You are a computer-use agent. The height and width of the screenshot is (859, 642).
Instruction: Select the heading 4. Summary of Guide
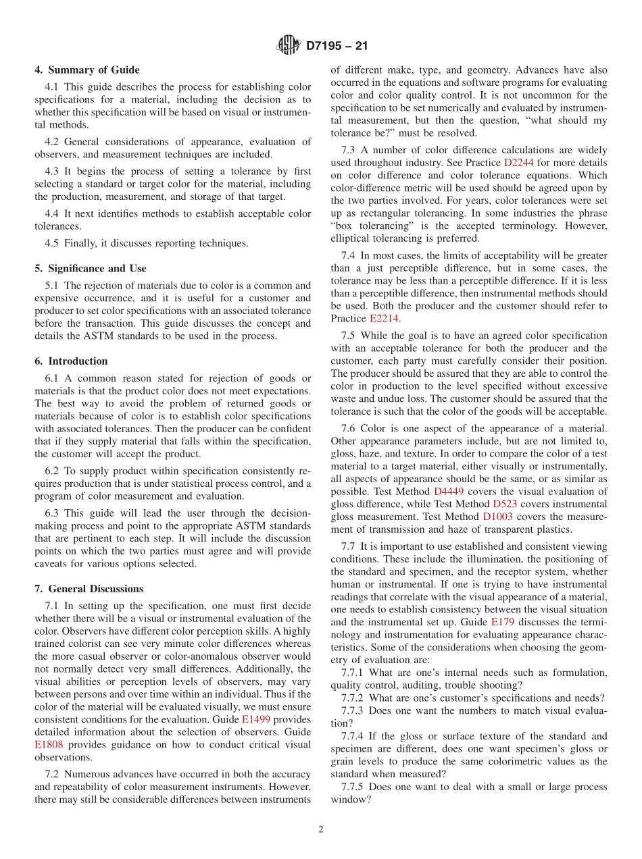click(x=87, y=70)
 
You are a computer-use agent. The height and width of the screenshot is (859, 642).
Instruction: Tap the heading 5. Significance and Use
click(x=91, y=268)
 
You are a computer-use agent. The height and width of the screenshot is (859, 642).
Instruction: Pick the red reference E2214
click(x=384, y=319)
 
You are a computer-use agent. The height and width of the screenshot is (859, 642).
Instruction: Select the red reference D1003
click(x=497, y=517)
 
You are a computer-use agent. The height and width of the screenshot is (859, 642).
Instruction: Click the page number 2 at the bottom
click(x=321, y=830)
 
